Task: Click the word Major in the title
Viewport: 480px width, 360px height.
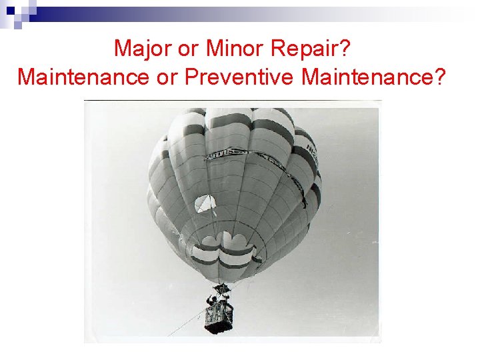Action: click(139, 48)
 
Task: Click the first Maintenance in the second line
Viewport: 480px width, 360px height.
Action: click(84, 77)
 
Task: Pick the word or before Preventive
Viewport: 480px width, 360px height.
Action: click(167, 77)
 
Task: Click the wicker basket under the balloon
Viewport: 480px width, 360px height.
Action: click(220, 317)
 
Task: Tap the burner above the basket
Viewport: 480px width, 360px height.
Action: click(221, 289)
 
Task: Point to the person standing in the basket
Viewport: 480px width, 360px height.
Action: click(213, 301)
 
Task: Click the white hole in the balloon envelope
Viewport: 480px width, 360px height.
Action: click(205, 203)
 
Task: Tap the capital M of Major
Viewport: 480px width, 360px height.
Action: click(122, 48)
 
